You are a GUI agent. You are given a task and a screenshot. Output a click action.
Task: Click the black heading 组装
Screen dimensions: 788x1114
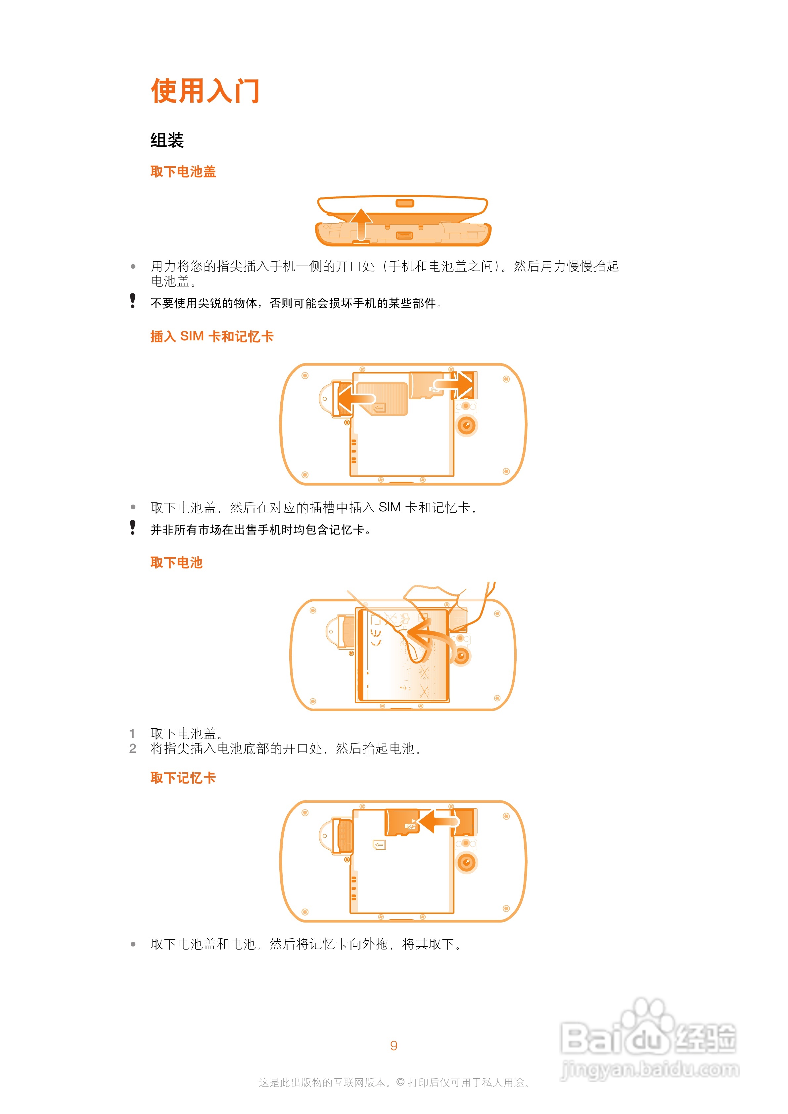click(x=167, y=140)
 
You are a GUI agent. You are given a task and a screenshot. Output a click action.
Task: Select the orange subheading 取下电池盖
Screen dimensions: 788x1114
click(x=183, y=171)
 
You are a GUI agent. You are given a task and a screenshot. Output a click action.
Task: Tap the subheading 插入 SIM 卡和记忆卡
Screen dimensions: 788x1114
click(x=212, y=336)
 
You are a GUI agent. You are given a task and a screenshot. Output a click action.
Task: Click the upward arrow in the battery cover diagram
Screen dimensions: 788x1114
click(x=361, y=224)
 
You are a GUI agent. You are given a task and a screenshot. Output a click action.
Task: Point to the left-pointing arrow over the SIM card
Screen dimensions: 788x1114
click(x=357, y=399)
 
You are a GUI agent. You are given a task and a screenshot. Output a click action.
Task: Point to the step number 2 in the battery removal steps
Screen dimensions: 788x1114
click(x=133, y=749)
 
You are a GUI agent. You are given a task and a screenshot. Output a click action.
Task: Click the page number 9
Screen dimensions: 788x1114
click(x=394, y=1046)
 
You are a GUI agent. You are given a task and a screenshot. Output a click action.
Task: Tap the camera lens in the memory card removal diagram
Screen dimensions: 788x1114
click(x=467, y=862)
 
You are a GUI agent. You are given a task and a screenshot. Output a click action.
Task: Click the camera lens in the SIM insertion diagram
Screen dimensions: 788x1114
click(x=467, y=425)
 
